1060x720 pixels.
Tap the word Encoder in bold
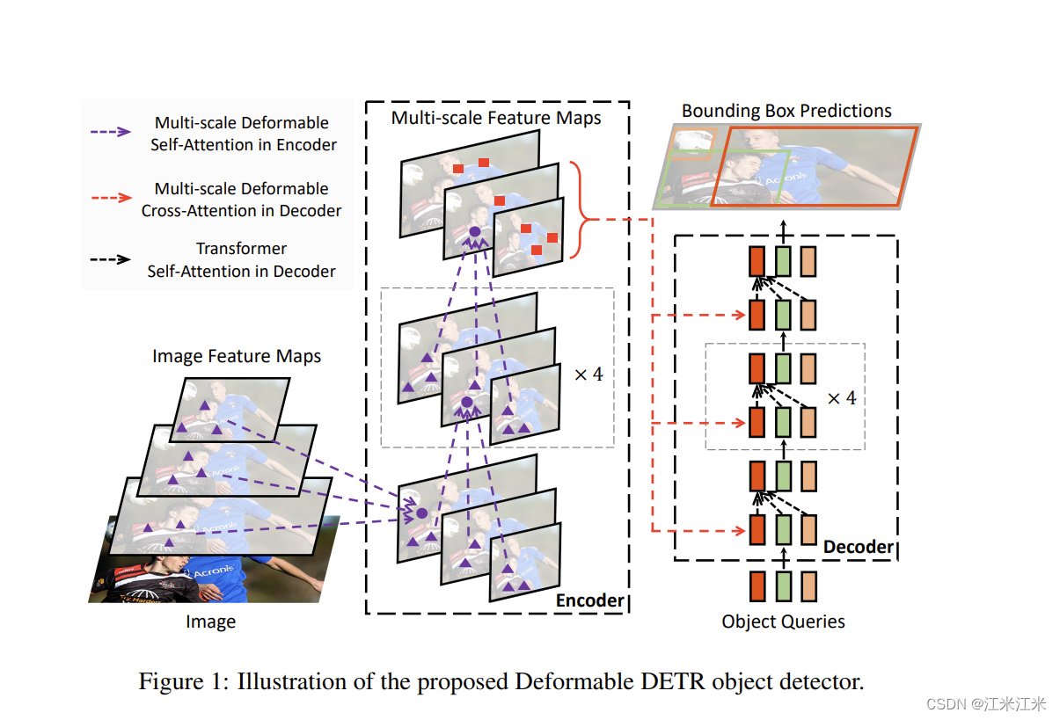point(589,600)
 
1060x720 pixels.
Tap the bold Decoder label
point(859,547)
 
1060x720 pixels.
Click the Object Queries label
point(783,622)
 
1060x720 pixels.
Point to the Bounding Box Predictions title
point(786,111)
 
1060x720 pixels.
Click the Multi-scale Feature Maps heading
point(496,118)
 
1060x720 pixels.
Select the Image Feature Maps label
point(237,356)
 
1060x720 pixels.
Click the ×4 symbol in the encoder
point(588,374)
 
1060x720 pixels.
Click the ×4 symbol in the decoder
point(841,397)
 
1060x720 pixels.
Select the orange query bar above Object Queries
point(757,586)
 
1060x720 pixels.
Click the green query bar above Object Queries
point(783,586)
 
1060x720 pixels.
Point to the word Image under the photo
point(210,622)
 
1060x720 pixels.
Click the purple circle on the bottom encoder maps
point(421,513)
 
